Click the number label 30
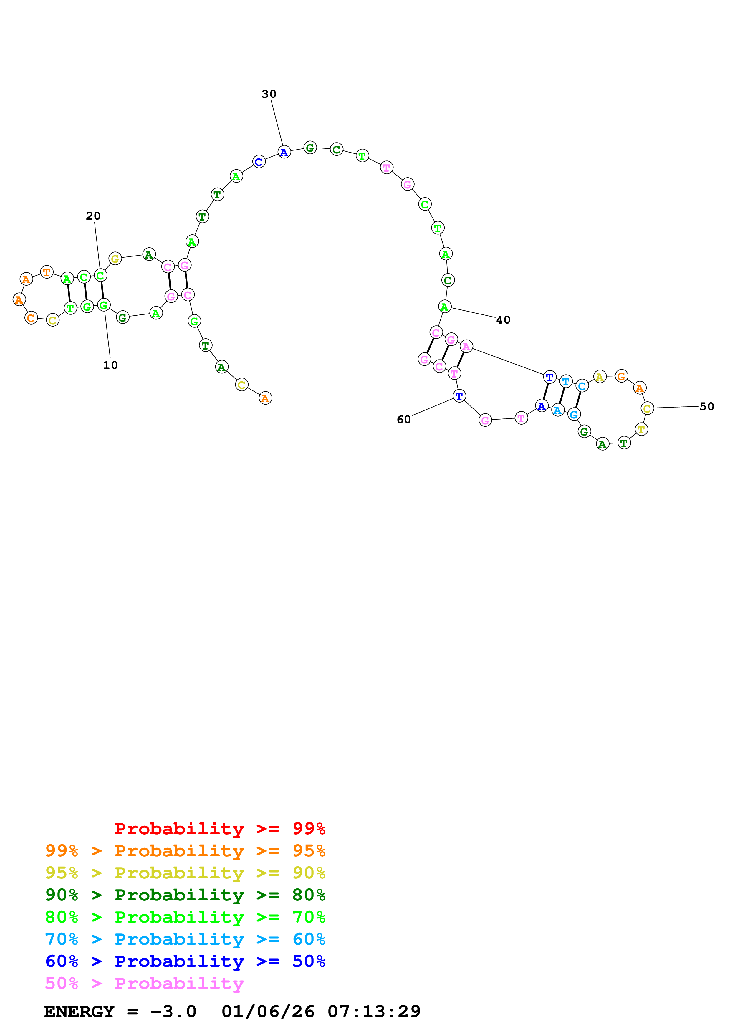pos(269,94)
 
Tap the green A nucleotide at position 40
pos(444,307)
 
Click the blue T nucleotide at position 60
pos(459,396)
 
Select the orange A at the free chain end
pos(265,398)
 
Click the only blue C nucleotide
pos(259,162)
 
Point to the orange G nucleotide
pos(621,376)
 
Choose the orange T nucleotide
pos(47,272)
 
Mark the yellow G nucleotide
pos(115,259)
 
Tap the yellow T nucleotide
pos(641,429)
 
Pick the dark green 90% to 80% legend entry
pos(185,895)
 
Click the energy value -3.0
pos(173,1012)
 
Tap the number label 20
pos(93,216)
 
